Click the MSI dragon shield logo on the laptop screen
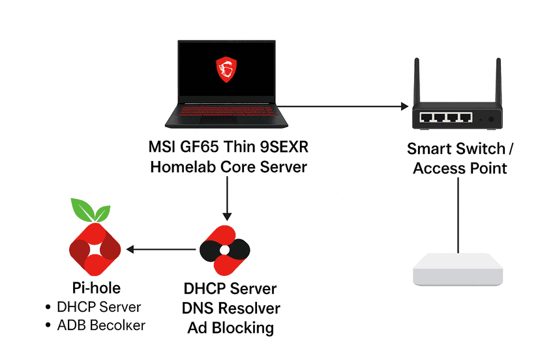tap(226, 68)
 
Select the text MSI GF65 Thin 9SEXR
tap(227, 146)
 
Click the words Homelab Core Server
tap(228, 166)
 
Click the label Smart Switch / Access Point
tap(460, 158)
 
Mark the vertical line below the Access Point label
tap(459, 215)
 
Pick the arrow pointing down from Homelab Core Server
tap(226, 199)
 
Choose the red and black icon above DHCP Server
tap(224, 250)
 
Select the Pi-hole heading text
tap(96, 288)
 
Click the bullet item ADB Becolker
tap(100, 325)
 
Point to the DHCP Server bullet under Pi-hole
tap(98, 307)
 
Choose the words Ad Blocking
tap(230, 328)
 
